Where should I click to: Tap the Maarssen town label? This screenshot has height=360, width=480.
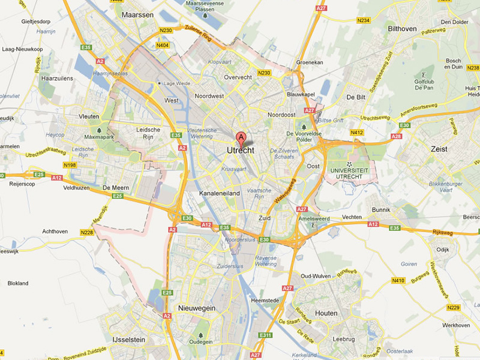(x=137, y=14)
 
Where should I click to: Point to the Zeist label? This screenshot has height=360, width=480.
(x=439, y=149)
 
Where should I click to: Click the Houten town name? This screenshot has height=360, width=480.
(x=326, y=313)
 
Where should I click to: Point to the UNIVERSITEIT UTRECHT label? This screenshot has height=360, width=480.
(x=351, y=175)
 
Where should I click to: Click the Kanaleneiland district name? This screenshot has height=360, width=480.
(x=220, y=194)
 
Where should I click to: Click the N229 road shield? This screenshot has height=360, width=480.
(x=453, y=308)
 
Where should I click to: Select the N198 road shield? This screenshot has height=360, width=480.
(x=70, y=164)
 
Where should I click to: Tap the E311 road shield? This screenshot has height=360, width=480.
(x=266, y=335)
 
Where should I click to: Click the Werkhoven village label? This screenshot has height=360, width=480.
(x=457, y=325)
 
